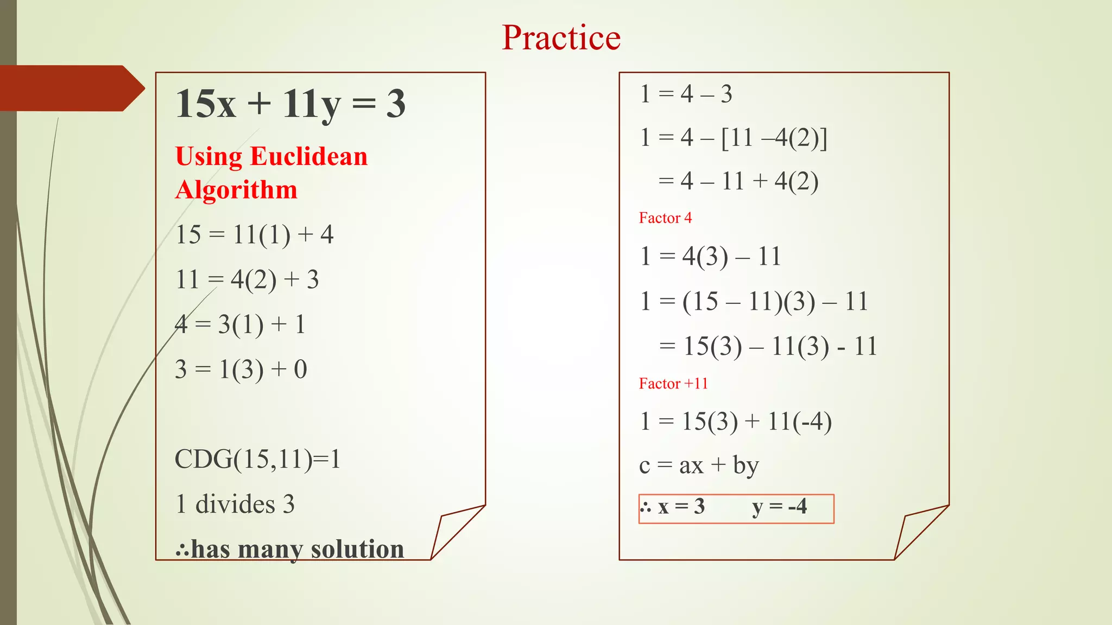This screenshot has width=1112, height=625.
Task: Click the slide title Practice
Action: click(x=561, y=38)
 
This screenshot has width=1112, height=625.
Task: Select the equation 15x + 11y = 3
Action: click(x=290, y=104)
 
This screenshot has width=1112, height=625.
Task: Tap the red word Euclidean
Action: click(x=308, y=157)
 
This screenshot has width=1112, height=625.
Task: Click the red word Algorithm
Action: click(x=236, y=190)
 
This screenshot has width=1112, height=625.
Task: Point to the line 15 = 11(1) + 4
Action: click(x=254, y=235)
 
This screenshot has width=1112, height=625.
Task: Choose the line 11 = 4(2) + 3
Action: click(x=247, y=280)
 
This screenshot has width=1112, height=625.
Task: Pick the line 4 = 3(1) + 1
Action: click(x=240, y=324)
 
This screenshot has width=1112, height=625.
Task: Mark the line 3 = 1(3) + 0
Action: click(x=241, y=369)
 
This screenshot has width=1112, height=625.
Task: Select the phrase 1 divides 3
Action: click(x=235, y=504)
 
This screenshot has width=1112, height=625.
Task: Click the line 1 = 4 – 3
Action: click(x=686, y=94)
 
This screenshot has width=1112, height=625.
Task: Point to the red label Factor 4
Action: click(x=665, y=218)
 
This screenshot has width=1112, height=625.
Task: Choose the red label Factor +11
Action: click(x=673, y=384)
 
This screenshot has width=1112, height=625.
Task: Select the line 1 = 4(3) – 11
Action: click(x=710, y=256)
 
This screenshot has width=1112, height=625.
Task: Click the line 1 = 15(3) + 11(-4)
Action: click(x=736, y=422)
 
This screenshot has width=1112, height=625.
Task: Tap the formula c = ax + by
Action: click(x=699, y=465)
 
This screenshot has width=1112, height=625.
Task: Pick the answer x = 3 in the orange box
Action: click(x=681, y=507)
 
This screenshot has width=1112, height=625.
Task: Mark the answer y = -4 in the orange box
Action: click(x=779, y=507)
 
